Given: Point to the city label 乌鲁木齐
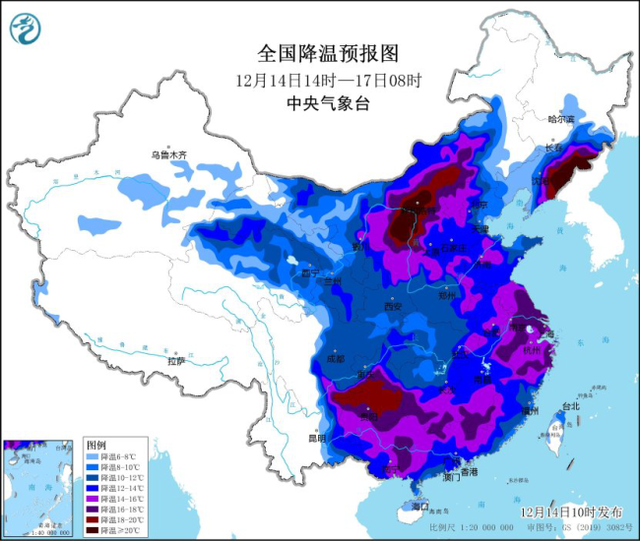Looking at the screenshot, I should (x=168, y=154).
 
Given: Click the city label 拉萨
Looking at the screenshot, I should (x=176, y=361).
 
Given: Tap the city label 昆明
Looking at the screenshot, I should (x=314, y=437).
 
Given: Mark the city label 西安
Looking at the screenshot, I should (x=393, y=307).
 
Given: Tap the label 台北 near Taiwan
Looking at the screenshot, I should (x=570, y=405).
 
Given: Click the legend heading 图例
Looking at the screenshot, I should (x=96, y=446).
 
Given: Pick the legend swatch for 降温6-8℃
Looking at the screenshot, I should (x=91, y=457).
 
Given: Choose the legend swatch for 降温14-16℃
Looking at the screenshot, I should (x=91, y=499).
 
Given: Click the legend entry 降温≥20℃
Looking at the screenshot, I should (x=118, y=530).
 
